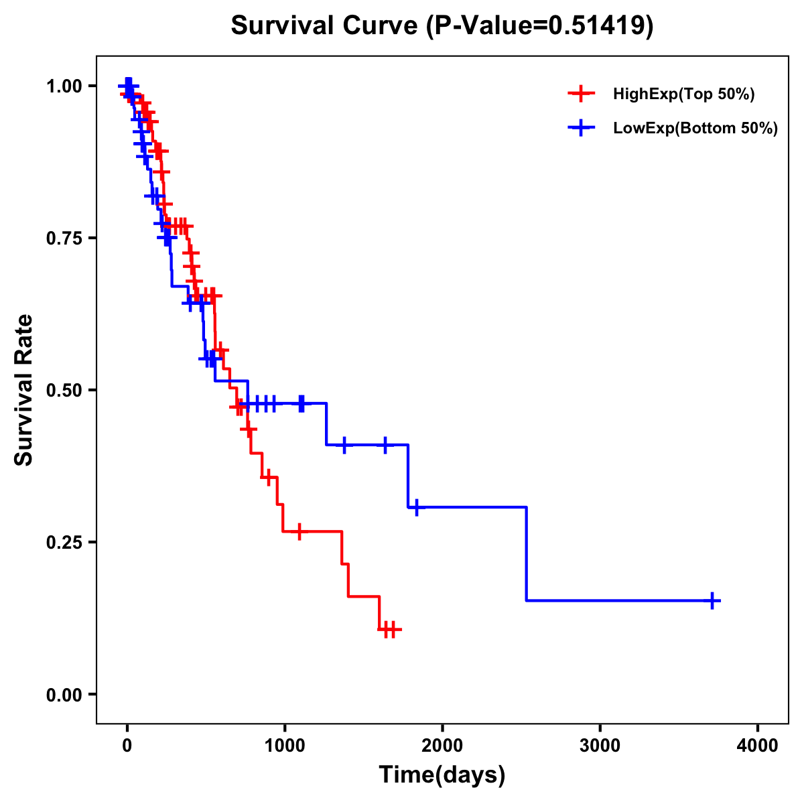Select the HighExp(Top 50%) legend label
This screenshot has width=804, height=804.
(683, 94)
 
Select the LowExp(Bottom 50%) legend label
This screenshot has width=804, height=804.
(695, 129)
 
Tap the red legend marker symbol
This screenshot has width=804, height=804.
(581, 94)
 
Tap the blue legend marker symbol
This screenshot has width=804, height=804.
(581, 128)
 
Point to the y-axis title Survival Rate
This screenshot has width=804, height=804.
(24, 389)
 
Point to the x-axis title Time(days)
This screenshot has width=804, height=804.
(442, 775)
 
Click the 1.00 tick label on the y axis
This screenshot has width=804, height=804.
(64, 86)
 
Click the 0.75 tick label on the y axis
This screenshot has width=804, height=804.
(64, 239)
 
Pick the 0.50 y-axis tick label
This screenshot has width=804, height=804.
(64, 391)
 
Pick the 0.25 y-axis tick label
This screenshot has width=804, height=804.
(64, 543)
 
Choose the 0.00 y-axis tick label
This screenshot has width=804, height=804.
(64, 695)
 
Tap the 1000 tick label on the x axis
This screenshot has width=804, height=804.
(284, 746)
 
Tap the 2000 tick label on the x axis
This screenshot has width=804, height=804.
(442, 746)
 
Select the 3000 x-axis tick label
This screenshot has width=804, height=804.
(600, 746)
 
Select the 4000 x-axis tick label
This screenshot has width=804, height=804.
(758, 746)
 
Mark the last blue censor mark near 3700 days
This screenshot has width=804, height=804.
(713, 600)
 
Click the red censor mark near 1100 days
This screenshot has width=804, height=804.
(299, 531)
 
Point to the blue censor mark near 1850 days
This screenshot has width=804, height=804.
(416, 507)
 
